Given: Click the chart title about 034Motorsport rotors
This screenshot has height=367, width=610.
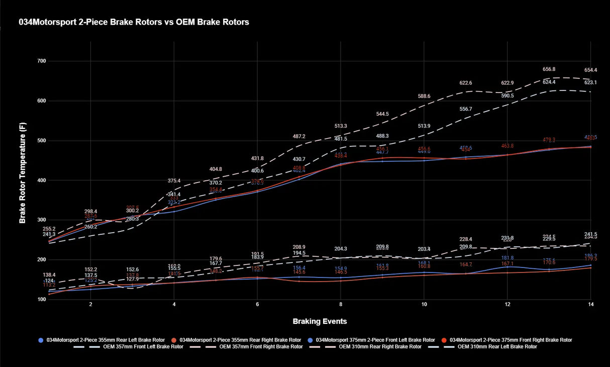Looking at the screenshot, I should point(134,22).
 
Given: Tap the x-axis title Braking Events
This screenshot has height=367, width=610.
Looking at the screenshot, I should point(320,321).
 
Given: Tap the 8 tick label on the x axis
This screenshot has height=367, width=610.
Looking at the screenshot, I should point(341,305).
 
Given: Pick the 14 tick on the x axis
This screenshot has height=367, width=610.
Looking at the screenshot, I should point(591,305).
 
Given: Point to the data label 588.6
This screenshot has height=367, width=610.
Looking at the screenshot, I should point(424,96).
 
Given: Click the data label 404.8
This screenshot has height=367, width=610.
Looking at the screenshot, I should point(216,169).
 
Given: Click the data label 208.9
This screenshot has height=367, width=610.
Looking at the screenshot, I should point(299,247).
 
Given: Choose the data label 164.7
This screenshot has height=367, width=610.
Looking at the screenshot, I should point(466,264).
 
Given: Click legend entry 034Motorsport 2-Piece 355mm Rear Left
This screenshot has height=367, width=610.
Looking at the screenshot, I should point(105,340).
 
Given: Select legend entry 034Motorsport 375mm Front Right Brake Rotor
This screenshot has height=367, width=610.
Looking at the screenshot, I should point(510,340).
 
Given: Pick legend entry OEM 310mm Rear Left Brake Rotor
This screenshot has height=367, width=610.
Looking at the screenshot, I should point(496,347).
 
